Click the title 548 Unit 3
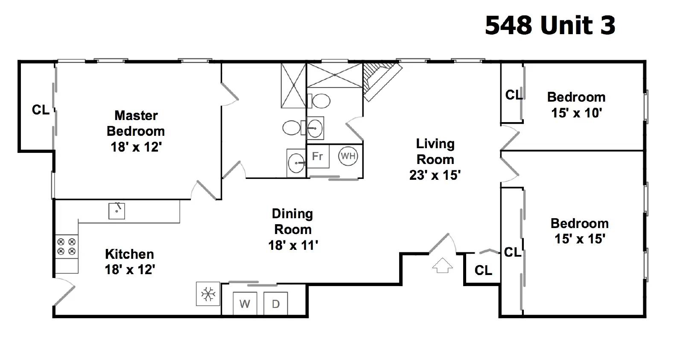pyautogui.click(x=550, y=25)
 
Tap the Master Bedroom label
pyautogui.click(x=136, y=123)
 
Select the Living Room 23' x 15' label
pyautogui.click(x=435, y=160)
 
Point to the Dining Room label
pyautogui.click(x=293, y=222)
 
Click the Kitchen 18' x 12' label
pyautogui.click(x=130, y=262)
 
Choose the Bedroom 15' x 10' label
pyautogui.click(x=576, y=105)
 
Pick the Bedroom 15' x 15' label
pyautogui.click(x=579, y=231)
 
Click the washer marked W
pyautogui.click(x=245, y=303)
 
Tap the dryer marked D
pyautogui.click(x=276, y=303)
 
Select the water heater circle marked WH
pyautogui.click(x=348, y=156)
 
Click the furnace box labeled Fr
pyautogui.click(x=318, y=156)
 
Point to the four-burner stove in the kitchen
pyautogui.click(x=67, y=246)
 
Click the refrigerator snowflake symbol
pyautogui.click(x=208, y=294)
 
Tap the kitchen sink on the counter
pyautogui.click(x=117, y=211)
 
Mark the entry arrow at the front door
pyautogui.click(x=442, y=265)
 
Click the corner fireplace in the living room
pyautogui.click(x=382, y=81)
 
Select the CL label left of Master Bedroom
pyautogui.click(x=41, y=110)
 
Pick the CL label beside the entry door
pyautogui.click(x=483, y=270)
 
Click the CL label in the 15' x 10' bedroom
pyautogui.click(x=514, y=95)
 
